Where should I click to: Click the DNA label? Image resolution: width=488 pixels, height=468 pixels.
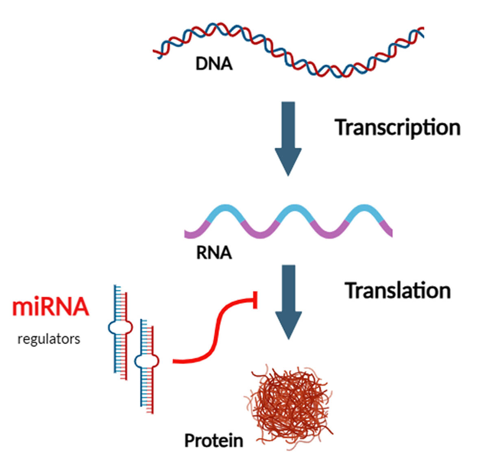(x=214, y=64)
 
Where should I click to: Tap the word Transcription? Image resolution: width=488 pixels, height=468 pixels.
(x=397, y=128)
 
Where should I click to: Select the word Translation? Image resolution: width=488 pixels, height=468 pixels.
(x=398, y=291)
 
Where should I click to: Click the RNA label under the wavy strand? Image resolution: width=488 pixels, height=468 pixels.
(x=214, y=253)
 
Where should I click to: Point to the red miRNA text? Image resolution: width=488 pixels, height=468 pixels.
(x=50, y=307)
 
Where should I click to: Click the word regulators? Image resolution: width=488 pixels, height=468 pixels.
(x=49, y=339)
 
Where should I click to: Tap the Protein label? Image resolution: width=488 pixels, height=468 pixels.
(x=213, y=440)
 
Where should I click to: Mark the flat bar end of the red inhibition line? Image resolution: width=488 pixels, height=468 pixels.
(x=255, y=300)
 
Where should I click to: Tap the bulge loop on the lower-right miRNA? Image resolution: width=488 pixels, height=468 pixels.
(x=147, y=361)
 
